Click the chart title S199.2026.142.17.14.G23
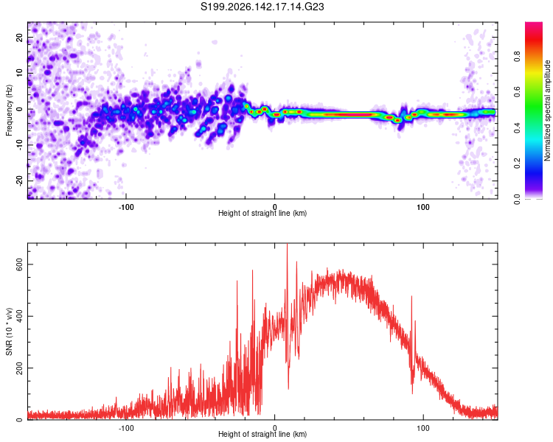(262, 7)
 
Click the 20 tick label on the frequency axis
(19, 38)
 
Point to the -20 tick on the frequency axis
(19, 180)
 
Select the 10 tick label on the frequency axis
(19, 73)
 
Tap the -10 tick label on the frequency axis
(19, 145)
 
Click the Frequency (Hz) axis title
(9, 110)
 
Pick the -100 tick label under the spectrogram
(126, 207)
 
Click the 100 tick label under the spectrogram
(423, 207)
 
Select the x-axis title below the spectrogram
(262, 213)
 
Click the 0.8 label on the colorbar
(517, 56)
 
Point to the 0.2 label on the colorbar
(517, 164)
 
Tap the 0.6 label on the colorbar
(517, 91)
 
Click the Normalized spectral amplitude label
(547, 110)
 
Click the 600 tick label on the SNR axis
(19, 264)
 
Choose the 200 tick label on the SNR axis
(19, 368)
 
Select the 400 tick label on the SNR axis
(19, 316)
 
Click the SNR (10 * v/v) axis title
(9, 331)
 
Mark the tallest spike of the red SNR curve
(287, 244)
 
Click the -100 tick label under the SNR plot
(126, 428)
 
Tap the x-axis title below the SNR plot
(262, 434)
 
